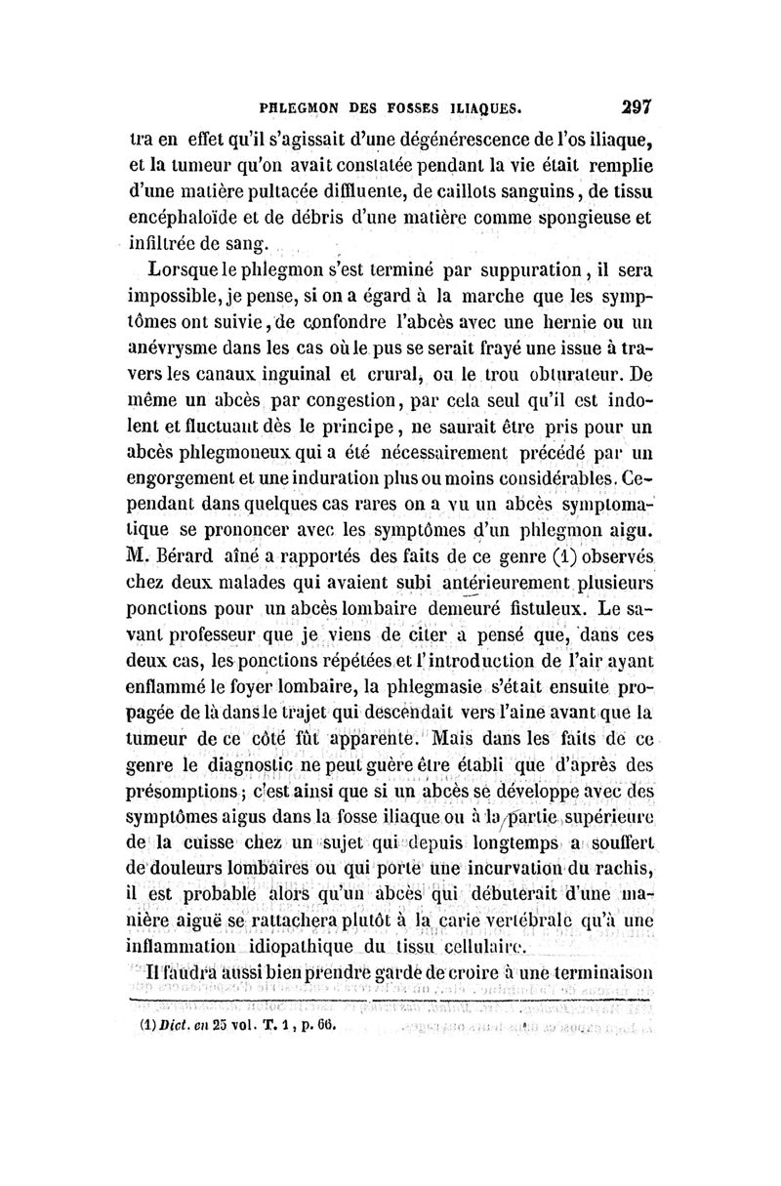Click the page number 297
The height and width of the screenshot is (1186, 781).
(634, 104)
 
